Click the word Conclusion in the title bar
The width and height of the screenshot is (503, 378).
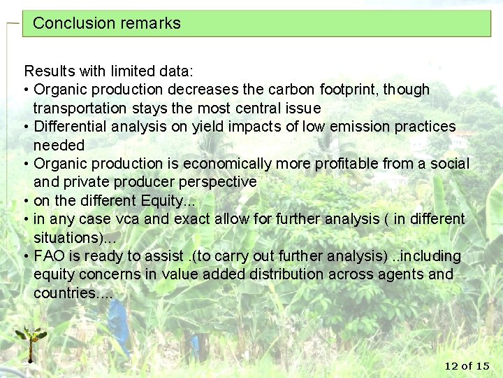coord(64,23)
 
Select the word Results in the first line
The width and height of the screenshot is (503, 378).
coord(48,71)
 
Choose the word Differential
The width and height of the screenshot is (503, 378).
coord(68,127)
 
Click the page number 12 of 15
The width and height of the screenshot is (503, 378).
coord(467,365)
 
